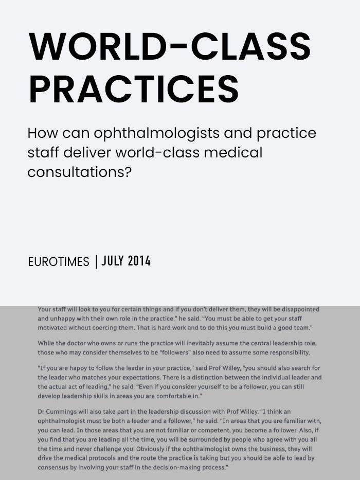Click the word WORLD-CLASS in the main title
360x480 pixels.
(x=170, y=46)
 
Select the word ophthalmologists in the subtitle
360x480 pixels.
(x=165, y=133)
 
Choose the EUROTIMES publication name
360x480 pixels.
(x=59, y=262)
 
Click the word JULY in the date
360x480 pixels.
(x=113, y=261)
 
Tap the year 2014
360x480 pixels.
(x=139, y=261)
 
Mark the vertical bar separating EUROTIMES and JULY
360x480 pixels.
(x=96, y=261)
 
